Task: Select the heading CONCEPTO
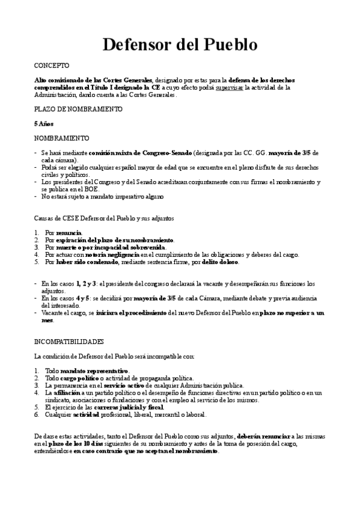point(52,65)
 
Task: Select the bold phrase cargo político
point(84,378)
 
